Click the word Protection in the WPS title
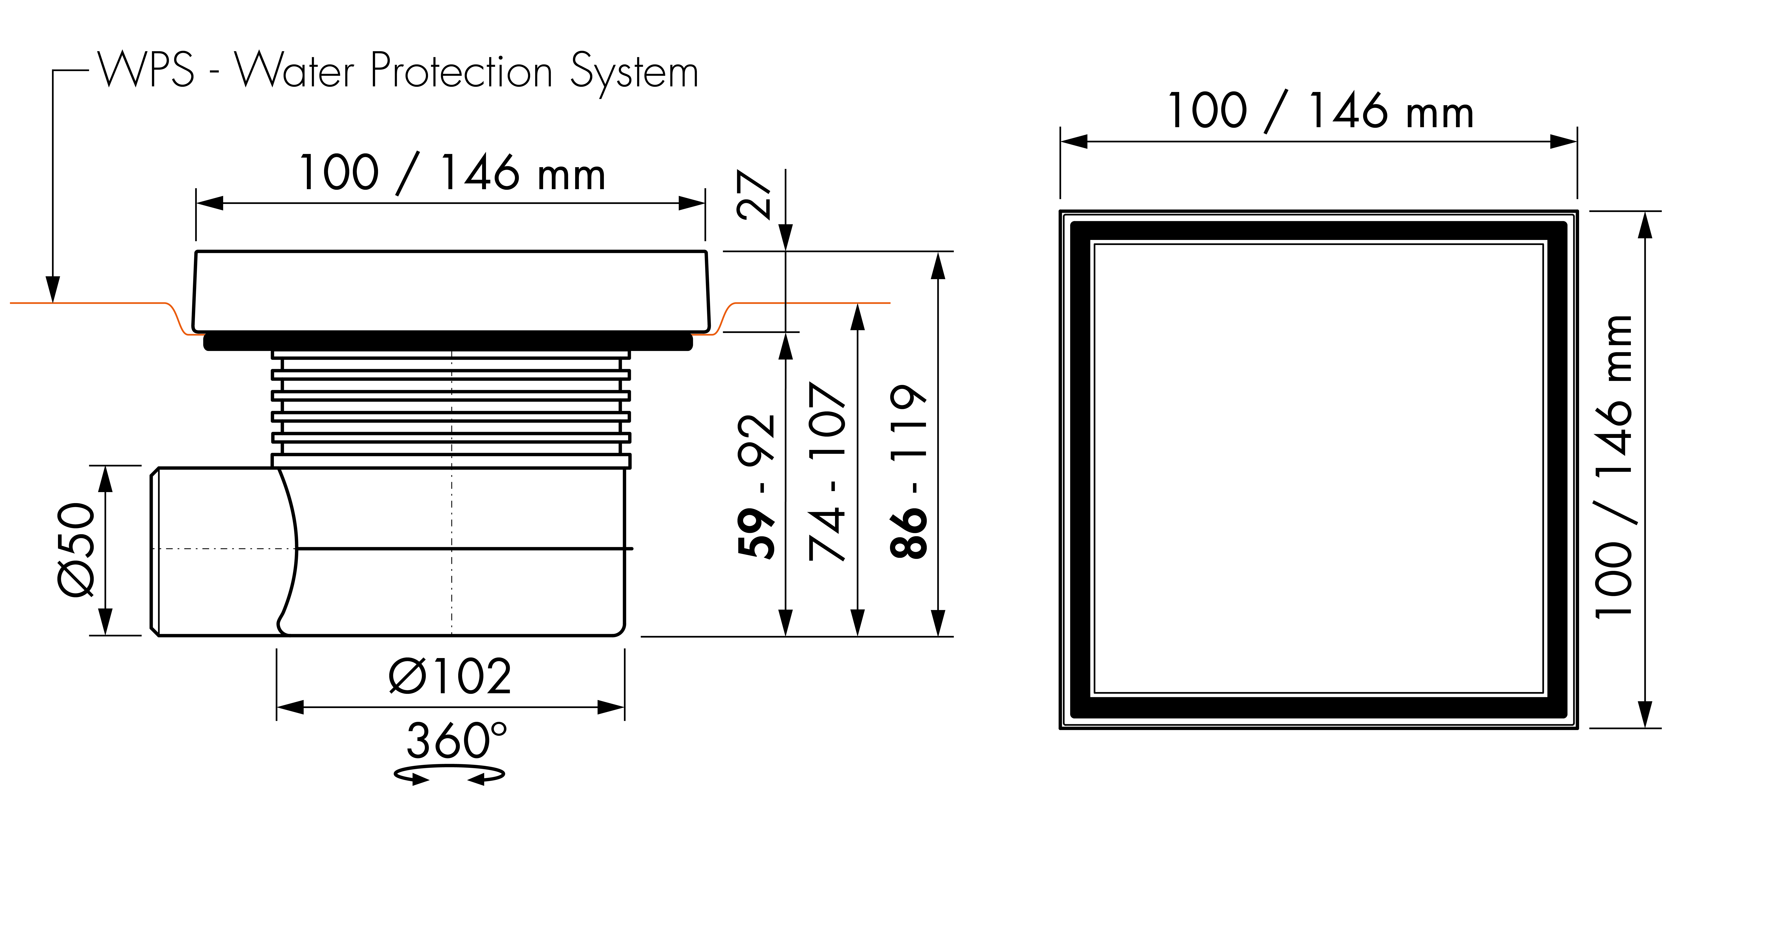(461, 72)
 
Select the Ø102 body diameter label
(450, 676)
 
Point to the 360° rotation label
(457, 741)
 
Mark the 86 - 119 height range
(908, 471)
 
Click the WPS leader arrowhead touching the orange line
(53, 290)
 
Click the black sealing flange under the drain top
(448, 341)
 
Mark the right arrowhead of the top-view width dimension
(1563, 142)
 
